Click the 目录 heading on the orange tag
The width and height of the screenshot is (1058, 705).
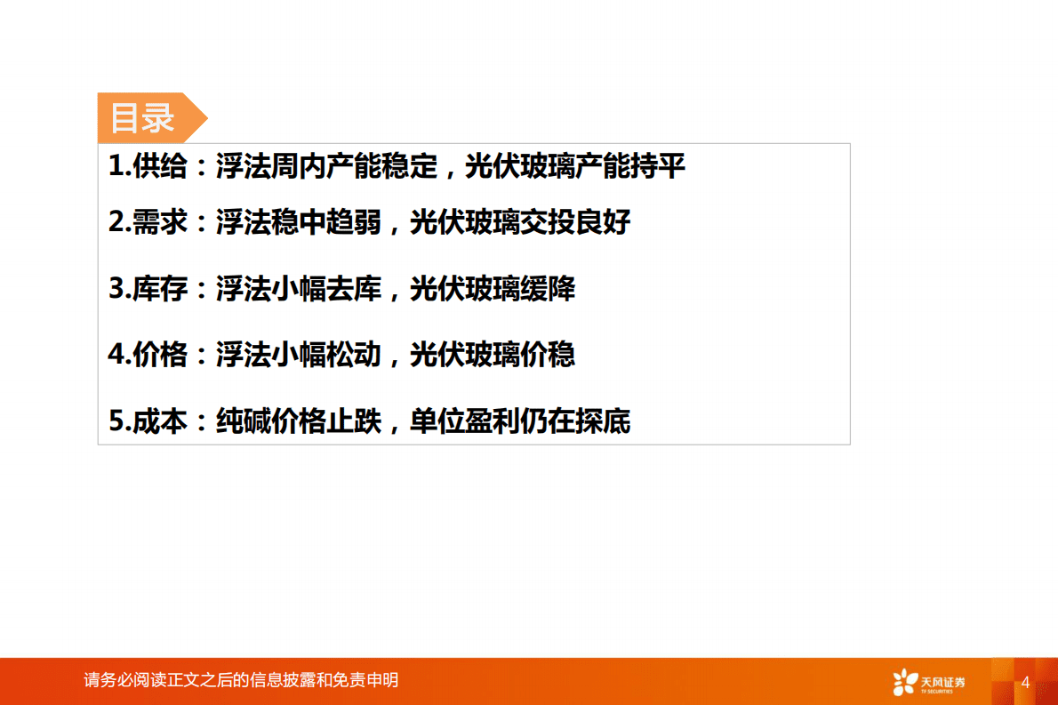(x=142, y=117)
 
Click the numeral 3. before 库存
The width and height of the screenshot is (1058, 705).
(x=119, y=289)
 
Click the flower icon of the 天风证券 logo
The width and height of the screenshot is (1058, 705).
(x=904, y=682)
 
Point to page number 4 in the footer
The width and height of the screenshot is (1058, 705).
(x=1025, y=682)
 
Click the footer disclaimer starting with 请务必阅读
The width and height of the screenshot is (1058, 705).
(x=241, y=680)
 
